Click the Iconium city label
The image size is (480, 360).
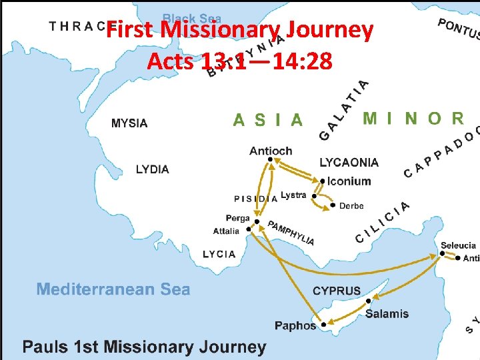349,181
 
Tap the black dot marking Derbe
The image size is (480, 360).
333,205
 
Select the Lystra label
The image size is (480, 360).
293,195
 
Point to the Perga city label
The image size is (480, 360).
237,218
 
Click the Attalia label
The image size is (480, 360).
226,231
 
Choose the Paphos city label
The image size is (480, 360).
295,325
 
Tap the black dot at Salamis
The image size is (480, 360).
369,301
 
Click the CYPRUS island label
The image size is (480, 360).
337,291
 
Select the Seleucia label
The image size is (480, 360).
458,245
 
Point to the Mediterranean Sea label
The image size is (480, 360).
113,289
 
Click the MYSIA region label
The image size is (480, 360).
129,123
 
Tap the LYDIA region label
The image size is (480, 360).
153,169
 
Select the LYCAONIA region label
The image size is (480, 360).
349,162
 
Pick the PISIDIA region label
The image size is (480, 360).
256,198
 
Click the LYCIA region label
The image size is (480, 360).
219,254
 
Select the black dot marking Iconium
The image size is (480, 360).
322,180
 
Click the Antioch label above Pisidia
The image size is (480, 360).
271,151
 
